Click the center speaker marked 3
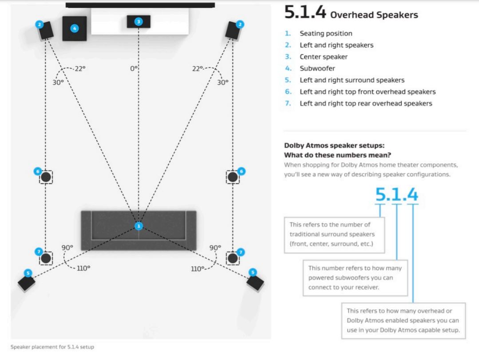pyautogui.click(x=139, y=21)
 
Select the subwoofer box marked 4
pyautogui.click(x=75, y=28)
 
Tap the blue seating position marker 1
pyautogui.click(x=139, y=226)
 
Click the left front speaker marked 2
pyautogui.click(x=46, y=30)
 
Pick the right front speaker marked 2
pyautogui.click(x=233, y=30)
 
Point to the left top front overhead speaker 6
pyautogui.click(x=46, y=177)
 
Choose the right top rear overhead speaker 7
pyautogui.click(x=233, y=258)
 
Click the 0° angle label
pyautogui.click(x=134, y=68)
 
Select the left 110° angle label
pyautogui.click(x=83, y=268)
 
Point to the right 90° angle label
pyautogui.click(x=215, y=247)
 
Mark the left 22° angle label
pyautogui.click(x=80, y=68)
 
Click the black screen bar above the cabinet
pyautogui.click(x=140, y=5)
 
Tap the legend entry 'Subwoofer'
pyautogui.click(x=317, y=68)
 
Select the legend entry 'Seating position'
pyautogui.click(x=326, y=33)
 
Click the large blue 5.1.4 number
pyautogui.click(x=396, y=194)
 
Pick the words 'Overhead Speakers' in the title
pyautogui.click(x=374, y=15)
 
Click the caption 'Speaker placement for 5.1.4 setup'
pyautogui.click(x=52, y=347)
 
